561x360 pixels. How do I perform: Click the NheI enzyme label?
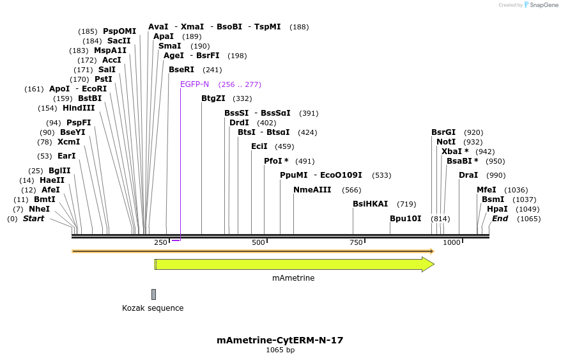click(39, 209)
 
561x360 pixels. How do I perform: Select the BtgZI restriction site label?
click(213, 98)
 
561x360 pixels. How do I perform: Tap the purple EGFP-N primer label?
click(194, 84)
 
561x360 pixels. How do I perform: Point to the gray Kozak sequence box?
click(153, 294)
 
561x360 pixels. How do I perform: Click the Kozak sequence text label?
click(153, 308)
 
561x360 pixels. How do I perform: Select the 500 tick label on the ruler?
click(258, 243)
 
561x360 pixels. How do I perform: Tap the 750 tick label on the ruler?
click(355, 243)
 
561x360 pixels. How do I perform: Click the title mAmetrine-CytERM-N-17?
click(280, 340)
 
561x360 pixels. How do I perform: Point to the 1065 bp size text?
click(280, 350)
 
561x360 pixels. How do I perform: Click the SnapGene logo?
click(541, 5)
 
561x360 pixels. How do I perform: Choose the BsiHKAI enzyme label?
click(370, 204)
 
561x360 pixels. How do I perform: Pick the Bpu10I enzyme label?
click(406, 219)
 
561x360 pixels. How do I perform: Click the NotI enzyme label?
click(446, 142)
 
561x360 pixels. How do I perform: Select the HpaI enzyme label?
click(496, 209)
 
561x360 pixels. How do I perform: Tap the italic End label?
click(500, 219)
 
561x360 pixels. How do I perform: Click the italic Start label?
click(33, 219)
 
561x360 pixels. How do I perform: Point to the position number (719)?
click(406, 204)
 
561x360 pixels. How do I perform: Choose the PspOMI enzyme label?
click(119, 31)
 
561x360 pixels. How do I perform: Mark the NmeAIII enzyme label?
click(312, 190)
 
